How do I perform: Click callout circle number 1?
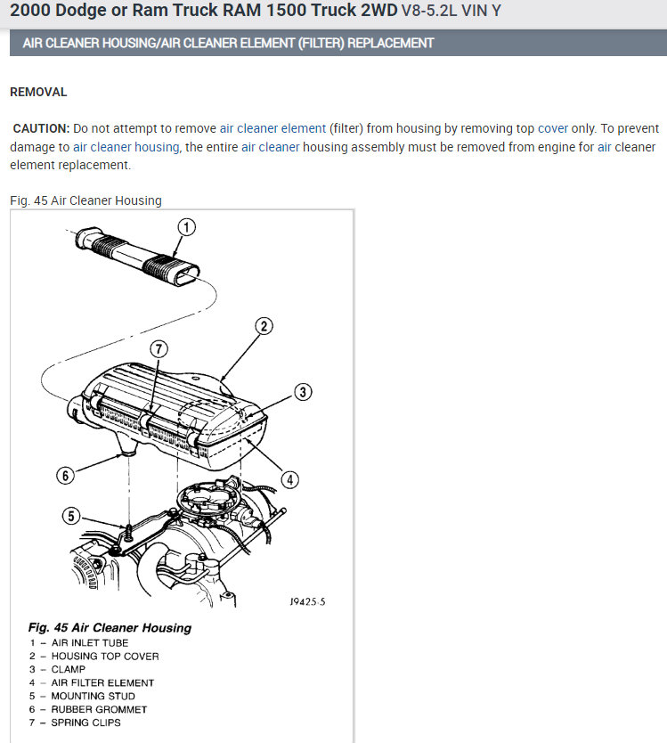[185, 226]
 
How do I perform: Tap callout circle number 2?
[264, 325]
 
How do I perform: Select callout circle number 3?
[303, 391]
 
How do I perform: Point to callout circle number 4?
[289, 479]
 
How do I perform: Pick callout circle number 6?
[64, 475]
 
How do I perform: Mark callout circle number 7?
[157, 350]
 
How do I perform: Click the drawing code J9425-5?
[307, 601]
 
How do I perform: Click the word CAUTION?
[41, 128]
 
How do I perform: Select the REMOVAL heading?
[38, 92]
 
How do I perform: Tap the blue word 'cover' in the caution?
[552, 128]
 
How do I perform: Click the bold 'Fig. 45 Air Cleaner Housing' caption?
[110, 627]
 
